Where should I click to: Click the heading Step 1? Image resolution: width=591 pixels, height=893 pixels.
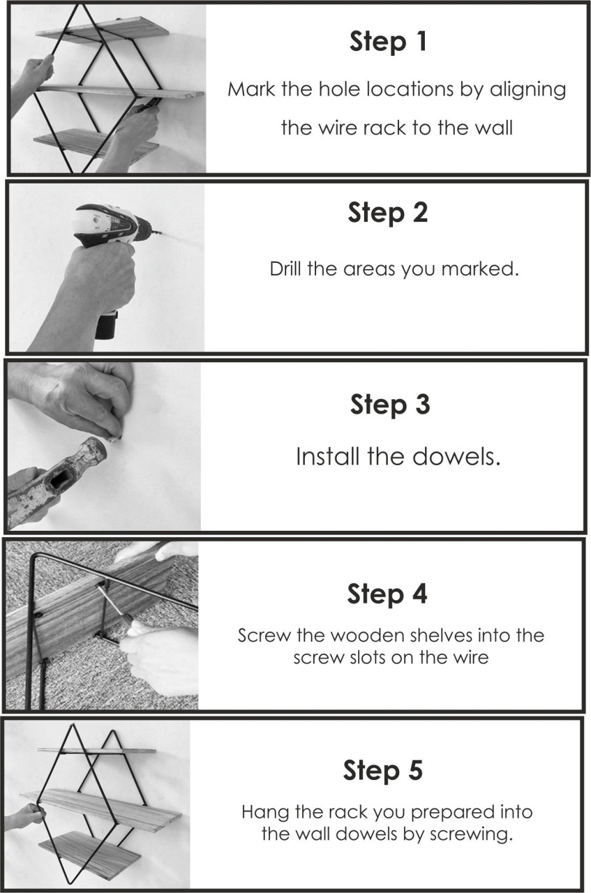pyautogui.click(x=388, y=41)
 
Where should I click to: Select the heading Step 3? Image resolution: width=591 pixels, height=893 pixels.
pyautogui.click(x=390, y=404)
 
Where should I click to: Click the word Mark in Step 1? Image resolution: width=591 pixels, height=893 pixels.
pyautogui.click(x=251, y=89)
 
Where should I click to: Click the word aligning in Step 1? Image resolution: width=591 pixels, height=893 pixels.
pyautogui.click(x=528, y=90)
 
